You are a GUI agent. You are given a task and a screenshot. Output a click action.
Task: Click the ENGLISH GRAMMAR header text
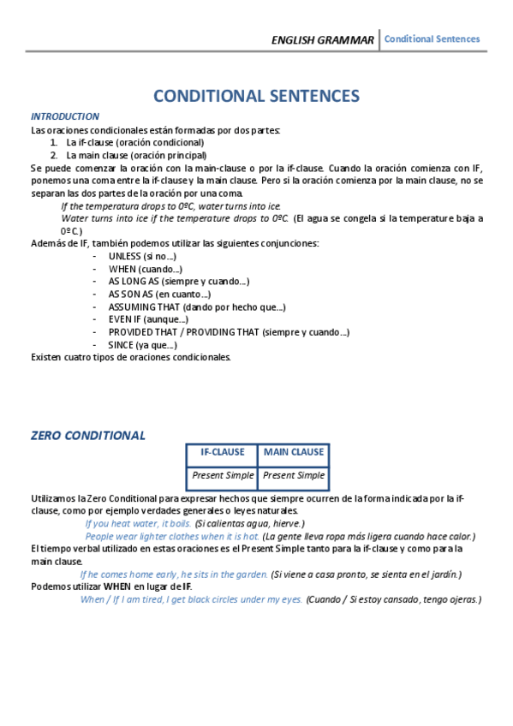click(x=322, y=40)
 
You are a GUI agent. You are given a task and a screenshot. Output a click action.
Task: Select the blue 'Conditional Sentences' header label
click(x=432, y=39)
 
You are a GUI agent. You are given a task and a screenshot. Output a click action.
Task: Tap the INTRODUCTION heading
click(x=65, y=116)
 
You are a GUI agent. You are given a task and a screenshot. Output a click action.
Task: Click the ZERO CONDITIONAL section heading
click(x=88, y=435)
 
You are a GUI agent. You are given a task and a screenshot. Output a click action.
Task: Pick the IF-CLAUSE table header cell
click(x=222, y=452)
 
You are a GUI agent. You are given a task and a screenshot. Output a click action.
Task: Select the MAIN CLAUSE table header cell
click(x=293, y=452)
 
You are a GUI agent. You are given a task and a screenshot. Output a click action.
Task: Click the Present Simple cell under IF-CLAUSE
click(x=222, y=475)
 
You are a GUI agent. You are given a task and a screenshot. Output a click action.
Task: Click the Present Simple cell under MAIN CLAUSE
click(x=293, y=475)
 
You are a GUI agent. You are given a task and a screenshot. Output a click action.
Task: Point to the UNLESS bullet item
click(x=142, y=256)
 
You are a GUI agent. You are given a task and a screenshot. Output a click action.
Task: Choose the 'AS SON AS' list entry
click(x=159, y=295)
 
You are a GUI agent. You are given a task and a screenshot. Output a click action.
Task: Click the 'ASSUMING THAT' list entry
click(x=197, y=306)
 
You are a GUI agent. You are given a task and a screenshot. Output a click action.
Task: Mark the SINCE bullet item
click(x=142, y=345)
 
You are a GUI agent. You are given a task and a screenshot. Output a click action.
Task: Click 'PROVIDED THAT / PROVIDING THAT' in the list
click(x=228, y=332)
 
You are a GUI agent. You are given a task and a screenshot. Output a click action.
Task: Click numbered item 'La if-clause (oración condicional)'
click(x=134, y=142)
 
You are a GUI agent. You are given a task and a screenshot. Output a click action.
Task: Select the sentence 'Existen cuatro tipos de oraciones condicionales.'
click(x=131, y=357)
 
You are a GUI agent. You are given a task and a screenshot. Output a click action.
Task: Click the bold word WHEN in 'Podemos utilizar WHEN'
click(x=118, y=586)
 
